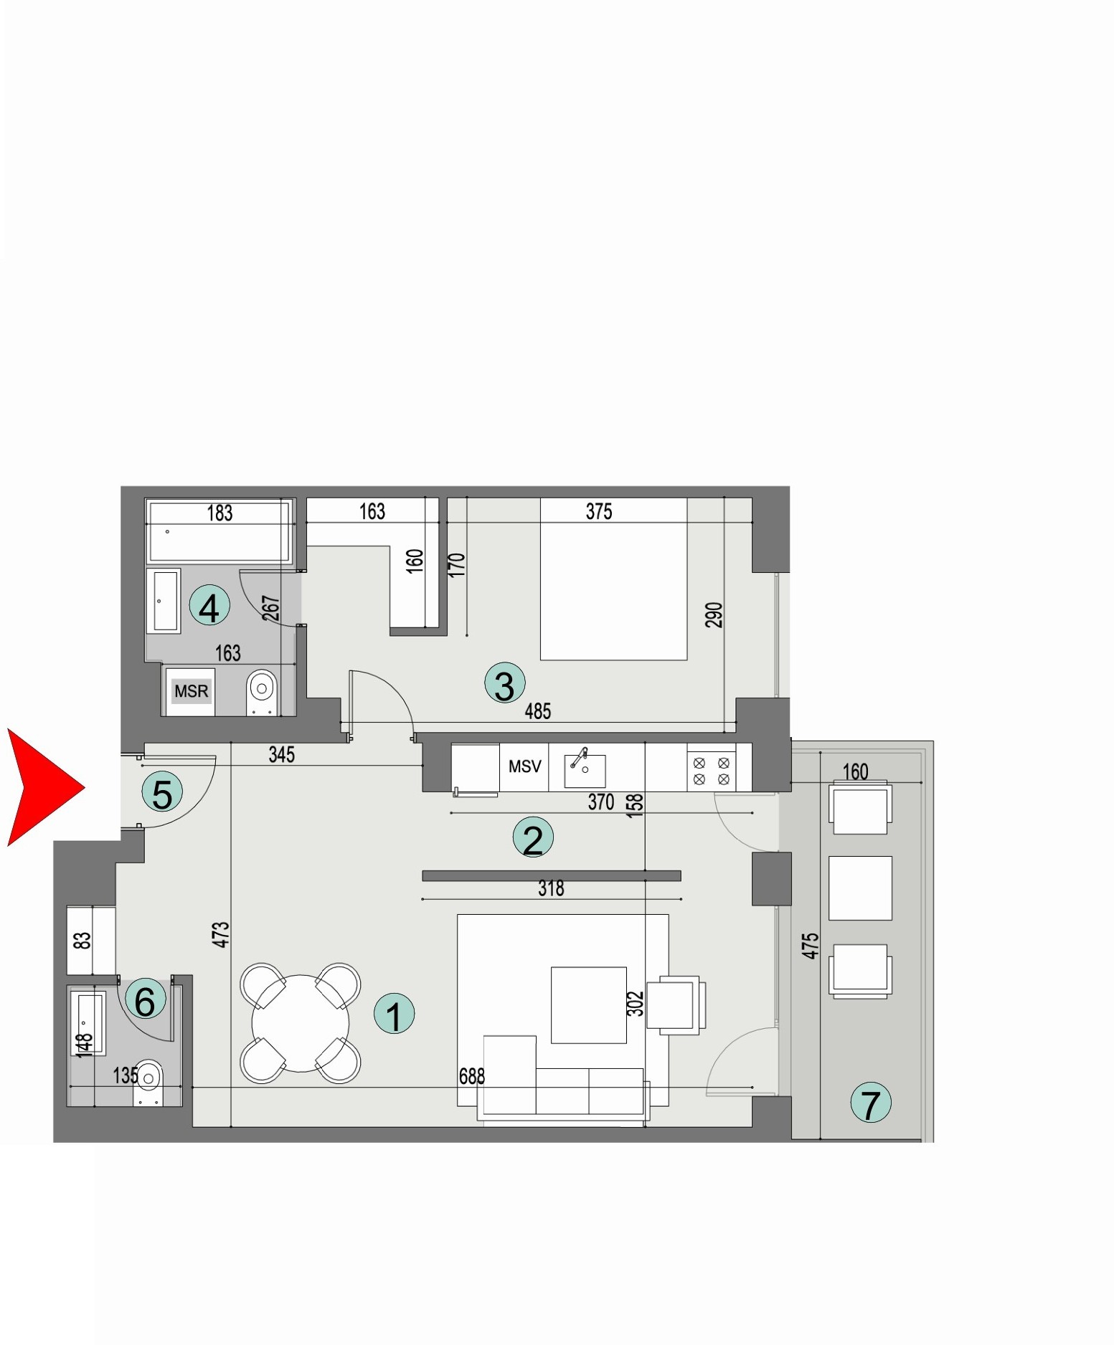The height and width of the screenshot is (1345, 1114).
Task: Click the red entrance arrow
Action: tap(39, 787)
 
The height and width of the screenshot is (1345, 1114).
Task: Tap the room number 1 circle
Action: tap(395, 1014)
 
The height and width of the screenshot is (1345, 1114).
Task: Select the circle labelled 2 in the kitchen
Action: tap(533, 837)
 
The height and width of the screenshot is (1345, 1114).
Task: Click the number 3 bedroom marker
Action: tap(504, 683)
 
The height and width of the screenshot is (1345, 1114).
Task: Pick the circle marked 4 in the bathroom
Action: tap(209, 607)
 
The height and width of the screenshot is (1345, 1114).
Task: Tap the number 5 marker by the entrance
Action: tap(162, 792)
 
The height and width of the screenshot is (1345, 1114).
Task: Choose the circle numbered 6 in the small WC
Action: tap(145, 999)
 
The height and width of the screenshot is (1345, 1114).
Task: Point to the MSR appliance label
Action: tap(191, 691)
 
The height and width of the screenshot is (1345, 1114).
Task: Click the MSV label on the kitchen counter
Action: tap(524, 766)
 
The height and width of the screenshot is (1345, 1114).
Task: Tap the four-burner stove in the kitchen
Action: tap(712, 771)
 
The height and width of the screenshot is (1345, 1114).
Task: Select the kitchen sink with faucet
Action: tap(585, 769)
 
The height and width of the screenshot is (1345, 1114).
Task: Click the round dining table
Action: tap(301, 1023)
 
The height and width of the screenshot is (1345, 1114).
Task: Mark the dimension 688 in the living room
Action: tap(472, 1076)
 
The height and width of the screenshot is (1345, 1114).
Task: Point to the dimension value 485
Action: tap(538, 711)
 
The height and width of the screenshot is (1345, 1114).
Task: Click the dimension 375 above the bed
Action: tap(599, 511)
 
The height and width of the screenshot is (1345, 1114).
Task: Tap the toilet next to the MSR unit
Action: tap(262, 691)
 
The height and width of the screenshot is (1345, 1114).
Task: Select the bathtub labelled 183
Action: tap(219, 532)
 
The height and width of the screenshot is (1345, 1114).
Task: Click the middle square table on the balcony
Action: tap(860, 888)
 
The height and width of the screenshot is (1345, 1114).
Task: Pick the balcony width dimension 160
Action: tap(855, 772)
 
